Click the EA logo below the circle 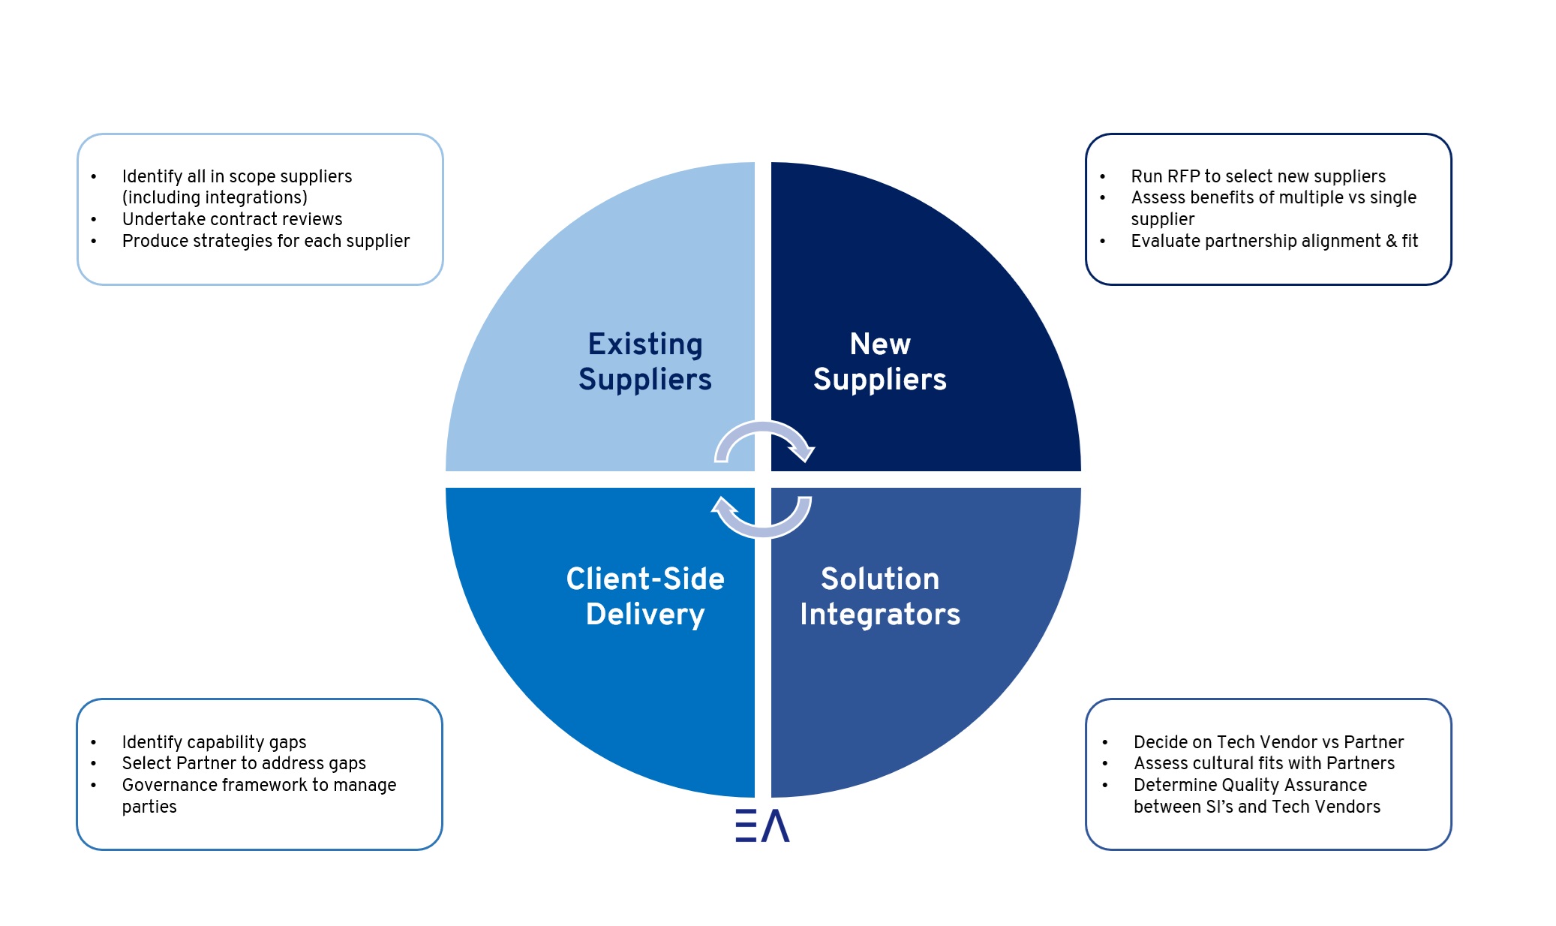(x=762, y=825)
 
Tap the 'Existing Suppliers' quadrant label (x=645, y=362)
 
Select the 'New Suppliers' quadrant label (x=880, y=362)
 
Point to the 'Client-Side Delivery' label (x=645, y=597)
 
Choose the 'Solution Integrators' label (x=880, y=597)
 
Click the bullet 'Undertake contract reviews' (x=232, y=219)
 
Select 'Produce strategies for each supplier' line (x=266, y=241)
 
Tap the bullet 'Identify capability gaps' (x=214, y=742)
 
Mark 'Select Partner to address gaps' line (x=244, y=763)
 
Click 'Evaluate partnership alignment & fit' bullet (x=1274, y=241)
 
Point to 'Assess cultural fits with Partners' (x=1264, y=763)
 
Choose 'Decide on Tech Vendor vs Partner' (x=1269, y=742)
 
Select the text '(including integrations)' (x=215, y=197)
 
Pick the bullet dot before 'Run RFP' (x=1103, y=177)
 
